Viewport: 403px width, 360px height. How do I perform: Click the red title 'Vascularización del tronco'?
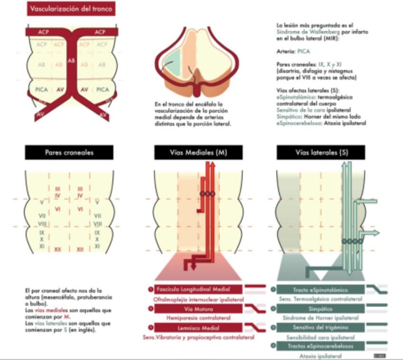pos(71,9)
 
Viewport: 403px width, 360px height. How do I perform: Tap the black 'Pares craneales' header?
pos(69,153)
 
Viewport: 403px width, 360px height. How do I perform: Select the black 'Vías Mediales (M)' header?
pos(198,153)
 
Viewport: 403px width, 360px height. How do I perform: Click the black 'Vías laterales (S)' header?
pos(321,153)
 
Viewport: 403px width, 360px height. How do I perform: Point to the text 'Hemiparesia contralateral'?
pos(198,318)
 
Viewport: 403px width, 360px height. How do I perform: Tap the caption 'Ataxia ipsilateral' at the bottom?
pos(319,355)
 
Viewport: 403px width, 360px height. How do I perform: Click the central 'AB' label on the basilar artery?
pos(71,61)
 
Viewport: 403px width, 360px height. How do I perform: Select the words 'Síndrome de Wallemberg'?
pos(296,31)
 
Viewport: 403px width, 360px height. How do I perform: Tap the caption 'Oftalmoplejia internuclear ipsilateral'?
pos(198,300)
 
